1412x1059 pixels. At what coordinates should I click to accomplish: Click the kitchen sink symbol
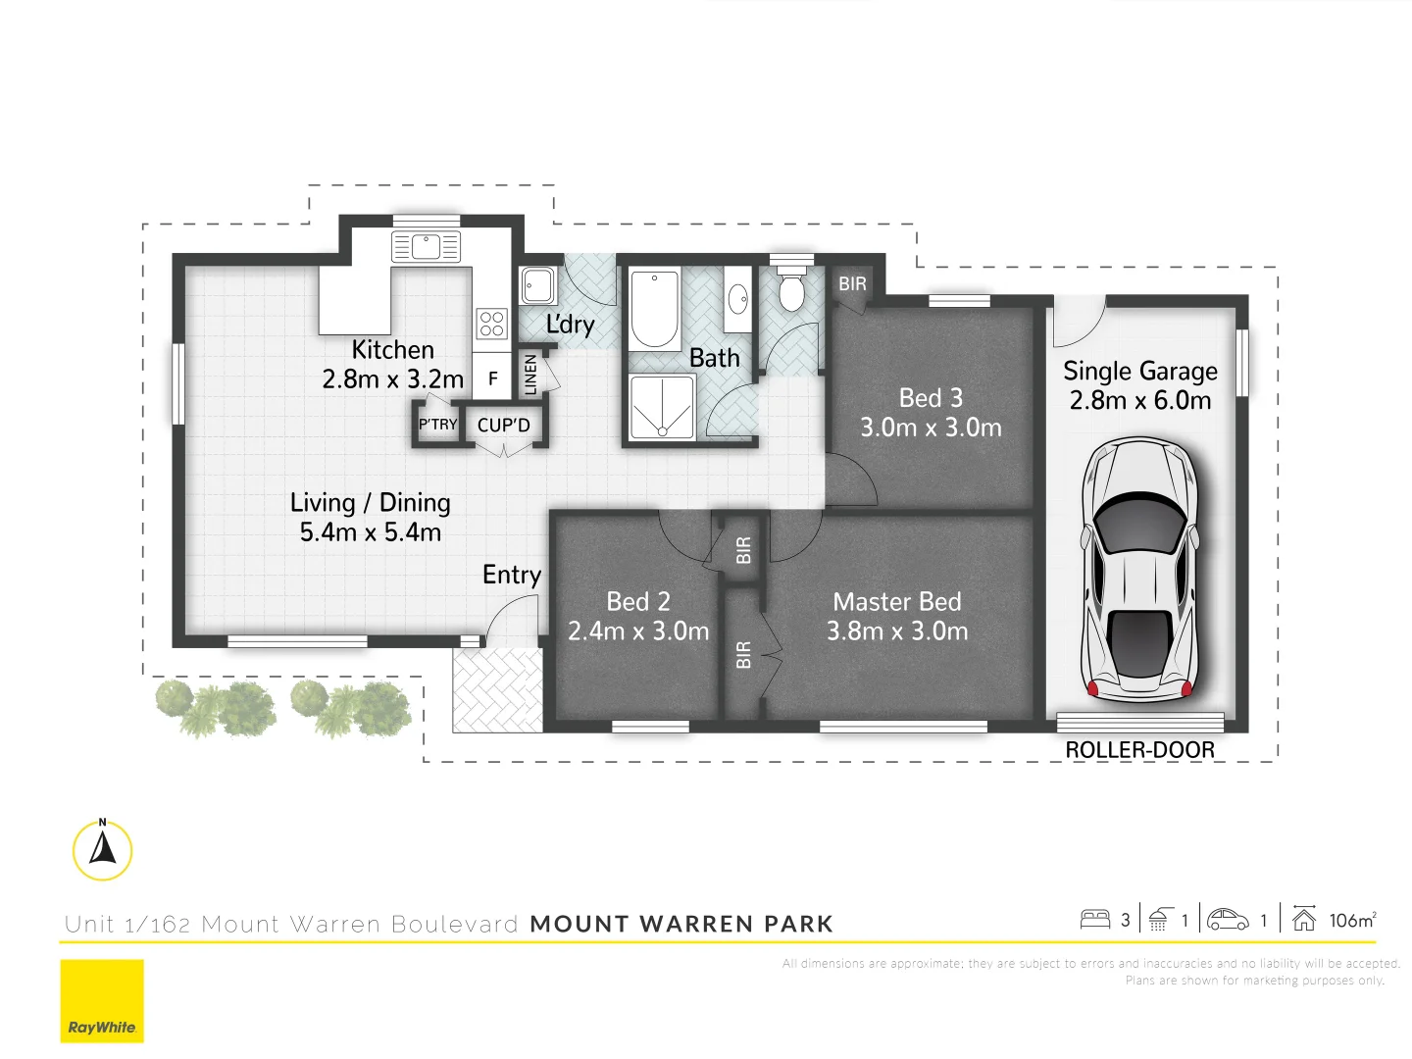pyautogui.click(x=426, y=246)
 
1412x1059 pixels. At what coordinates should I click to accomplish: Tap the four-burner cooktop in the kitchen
pyautogui.click(x=491, y=324)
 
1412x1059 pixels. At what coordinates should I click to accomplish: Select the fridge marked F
pyautogui.click(x=492, y=378)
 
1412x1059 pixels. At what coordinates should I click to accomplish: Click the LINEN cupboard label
pyautogui.click(x=530, y=374)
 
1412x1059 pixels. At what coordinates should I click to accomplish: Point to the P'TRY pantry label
pyautogui.click(x=437, y=425)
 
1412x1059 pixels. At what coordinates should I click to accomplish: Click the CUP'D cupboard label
pyautogui.click(x=503, y=426)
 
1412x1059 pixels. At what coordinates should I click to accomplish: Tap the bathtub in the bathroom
pyautogui.click(x=654, y=309)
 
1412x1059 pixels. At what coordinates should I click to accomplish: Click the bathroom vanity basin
pyautogui.click(x=738, y=300)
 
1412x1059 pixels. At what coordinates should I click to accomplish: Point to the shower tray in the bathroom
pyautogui.click(x=661, y=407)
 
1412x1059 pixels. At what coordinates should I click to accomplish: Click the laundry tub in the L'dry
pyautogui.click(x=537, y=285)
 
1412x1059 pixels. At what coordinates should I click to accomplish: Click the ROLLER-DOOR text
pyautogui.click(x=1139, y=750)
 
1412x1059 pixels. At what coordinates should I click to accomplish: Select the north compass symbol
pyautogui.click(x=102, y=849)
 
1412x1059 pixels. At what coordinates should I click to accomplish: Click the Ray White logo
pyautogui.click(x=102, y=1001)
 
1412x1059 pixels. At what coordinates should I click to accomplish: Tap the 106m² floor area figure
pyautogui.click(x=1352, y=920)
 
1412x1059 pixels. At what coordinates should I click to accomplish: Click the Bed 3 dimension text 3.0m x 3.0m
pyautogui.click(x=931, y=428)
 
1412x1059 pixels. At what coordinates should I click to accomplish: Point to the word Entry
pyautogui.click(x=511, y=575)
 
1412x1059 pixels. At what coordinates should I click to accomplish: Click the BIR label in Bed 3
pyautogui.click(x=852, y=284)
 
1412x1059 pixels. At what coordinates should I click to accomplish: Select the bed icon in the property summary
pyautogui.click(x=1094, y=920)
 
